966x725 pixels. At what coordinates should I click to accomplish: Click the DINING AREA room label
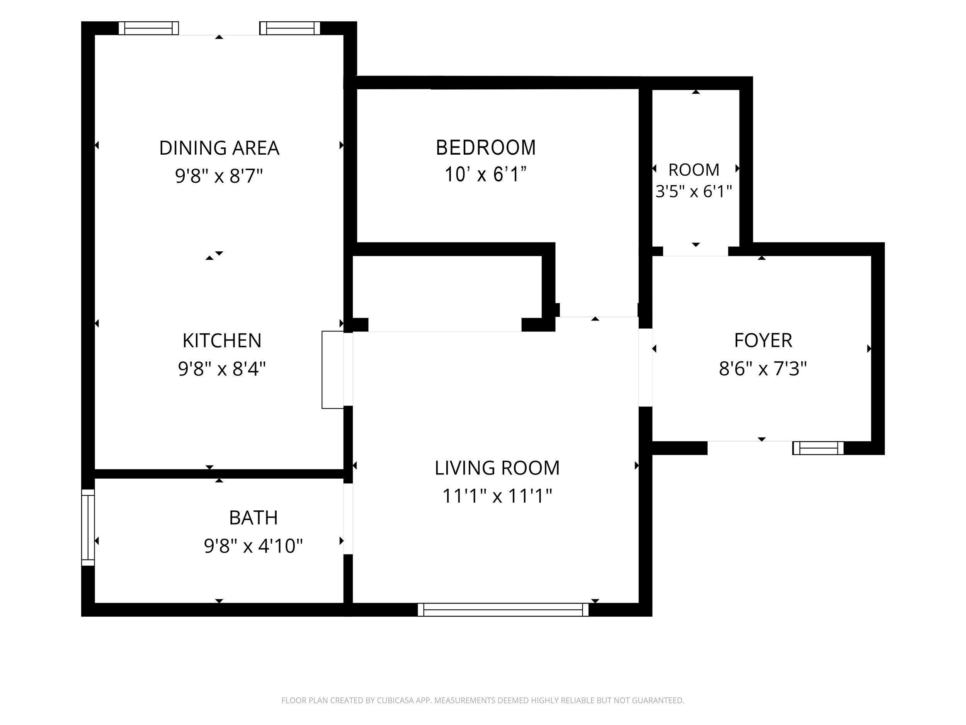point(219,148)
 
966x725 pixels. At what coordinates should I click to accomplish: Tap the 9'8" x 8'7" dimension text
point(219,176)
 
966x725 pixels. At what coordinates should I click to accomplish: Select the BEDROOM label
point(486,148)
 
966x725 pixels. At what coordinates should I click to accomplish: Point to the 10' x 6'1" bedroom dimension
point(486,174)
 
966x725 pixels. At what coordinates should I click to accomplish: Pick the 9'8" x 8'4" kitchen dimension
point(222,369)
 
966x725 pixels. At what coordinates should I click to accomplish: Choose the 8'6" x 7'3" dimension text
point(763,368)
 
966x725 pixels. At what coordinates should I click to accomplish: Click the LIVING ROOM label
point(497,468)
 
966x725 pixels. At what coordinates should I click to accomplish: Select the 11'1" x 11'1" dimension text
point(497,496)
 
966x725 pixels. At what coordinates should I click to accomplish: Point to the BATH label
point(253,518)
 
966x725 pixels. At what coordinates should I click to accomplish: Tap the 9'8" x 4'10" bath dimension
point(253,546)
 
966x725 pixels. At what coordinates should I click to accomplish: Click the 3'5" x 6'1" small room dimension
point(694,191)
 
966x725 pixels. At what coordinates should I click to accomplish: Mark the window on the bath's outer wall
point(88,527)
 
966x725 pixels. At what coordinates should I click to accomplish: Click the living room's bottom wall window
point(503,610)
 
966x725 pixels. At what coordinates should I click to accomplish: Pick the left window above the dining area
point(148,28)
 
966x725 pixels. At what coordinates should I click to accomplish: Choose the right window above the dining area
point(290,28)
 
